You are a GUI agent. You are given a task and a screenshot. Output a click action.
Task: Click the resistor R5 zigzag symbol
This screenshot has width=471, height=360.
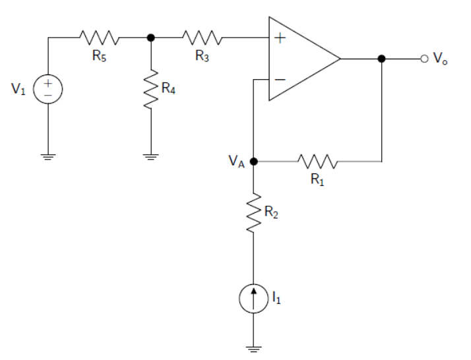[x=100, y=38]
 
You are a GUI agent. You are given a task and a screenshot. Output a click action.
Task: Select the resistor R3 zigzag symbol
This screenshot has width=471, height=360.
[x=203, y=38]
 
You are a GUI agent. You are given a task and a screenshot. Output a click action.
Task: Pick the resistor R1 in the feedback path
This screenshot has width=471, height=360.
[x=318, y=160]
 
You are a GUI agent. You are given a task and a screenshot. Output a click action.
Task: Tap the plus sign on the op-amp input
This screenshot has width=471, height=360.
[x=280, y=38]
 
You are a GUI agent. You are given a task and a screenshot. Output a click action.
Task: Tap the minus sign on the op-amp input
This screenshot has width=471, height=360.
[x=280, y=80]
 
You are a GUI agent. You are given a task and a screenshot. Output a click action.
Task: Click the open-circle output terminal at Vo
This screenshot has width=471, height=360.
[x=424, y=59]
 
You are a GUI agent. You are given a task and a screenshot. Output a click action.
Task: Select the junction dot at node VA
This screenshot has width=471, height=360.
[x=254, y=161]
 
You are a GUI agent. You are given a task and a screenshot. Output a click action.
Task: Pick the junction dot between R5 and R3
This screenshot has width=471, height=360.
[x=152, y=38]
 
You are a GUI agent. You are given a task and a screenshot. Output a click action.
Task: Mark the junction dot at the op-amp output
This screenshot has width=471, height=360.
[x=381, y=59]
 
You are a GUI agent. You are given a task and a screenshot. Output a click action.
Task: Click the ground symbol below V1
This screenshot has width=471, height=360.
[x=49, y=156]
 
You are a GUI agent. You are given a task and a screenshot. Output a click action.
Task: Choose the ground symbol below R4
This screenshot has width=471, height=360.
[x=152, y=156]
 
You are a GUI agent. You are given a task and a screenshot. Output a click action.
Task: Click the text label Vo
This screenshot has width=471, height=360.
[x=441, y=60]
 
